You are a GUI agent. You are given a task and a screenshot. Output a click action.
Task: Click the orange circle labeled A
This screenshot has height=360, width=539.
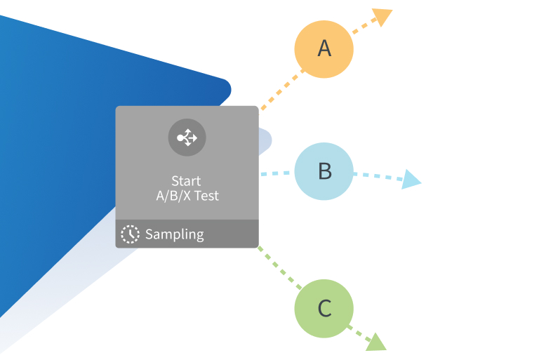pyautogui.click(x=324, y=48)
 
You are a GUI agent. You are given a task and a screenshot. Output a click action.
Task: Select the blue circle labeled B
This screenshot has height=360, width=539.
pyautogui.click(x=324, y=171)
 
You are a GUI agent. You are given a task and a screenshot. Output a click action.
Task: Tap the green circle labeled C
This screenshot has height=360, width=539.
pyautogui.click(x=324, y=309)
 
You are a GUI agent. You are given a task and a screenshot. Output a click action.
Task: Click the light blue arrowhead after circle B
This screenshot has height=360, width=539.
pyautogui.click(x=412, y=181)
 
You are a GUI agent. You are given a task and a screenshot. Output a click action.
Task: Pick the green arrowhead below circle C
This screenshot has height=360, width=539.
pyautogui.click(x=376, y=342)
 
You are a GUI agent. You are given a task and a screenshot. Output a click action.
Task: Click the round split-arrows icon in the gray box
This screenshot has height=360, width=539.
pyautogui.click(x=187, y=138)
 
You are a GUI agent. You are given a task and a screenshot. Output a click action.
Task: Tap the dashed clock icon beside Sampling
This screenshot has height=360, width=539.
pyautogui.click(x=130, y=234)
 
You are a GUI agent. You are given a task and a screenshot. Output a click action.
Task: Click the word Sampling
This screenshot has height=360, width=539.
pyautogui.click(x=174, y=234)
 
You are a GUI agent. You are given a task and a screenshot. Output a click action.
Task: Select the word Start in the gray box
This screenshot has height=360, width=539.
pyautogui.click(x=186, y=181)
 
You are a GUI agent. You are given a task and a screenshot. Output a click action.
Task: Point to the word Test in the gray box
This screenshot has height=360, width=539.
pyautogui.click(x=206, y=196)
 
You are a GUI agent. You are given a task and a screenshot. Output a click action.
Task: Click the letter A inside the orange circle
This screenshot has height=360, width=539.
pyautogui.click(x=324, y=48)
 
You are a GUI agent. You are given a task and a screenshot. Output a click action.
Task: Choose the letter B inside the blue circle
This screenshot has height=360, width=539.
pyautogui.click(x=324, y=171)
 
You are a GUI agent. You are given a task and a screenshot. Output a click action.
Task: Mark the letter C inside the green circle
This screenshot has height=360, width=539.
pyautogui.click(x=324, y=309)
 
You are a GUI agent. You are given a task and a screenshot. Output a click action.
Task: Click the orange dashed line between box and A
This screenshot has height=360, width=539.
pyautogui.click(x=281, y=90)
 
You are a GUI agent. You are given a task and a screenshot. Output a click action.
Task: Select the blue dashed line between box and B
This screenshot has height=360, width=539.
pyautogui.click(x=276, y=173)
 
